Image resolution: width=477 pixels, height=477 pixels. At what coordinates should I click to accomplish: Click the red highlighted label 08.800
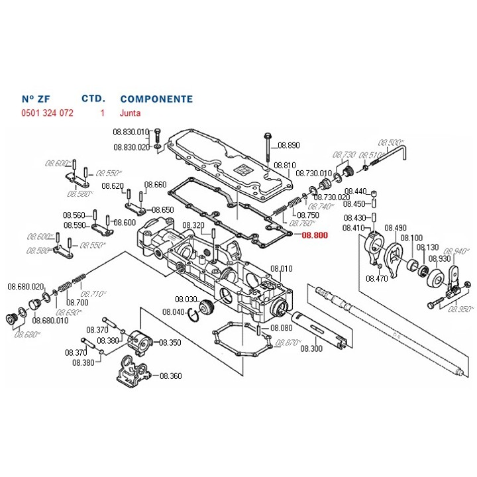point(315,235)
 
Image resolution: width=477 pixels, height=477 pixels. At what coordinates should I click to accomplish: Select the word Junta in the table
point(130,113)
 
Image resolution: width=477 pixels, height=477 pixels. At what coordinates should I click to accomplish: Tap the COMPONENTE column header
point(156,99)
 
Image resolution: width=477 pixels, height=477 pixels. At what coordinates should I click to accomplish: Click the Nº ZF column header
point(37,99)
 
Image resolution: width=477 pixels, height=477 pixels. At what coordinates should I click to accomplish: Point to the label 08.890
point(289,145)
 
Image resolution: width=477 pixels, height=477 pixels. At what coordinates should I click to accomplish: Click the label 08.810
point(285,165)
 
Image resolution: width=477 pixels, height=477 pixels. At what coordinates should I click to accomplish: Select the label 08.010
point(282,269)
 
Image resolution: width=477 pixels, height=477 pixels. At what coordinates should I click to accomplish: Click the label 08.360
point(170,376)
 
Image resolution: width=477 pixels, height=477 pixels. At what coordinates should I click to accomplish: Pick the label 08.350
point(170,343)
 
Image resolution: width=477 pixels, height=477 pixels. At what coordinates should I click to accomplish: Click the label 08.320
point(193,225)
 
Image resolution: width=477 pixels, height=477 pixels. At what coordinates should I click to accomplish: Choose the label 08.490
point(396,228)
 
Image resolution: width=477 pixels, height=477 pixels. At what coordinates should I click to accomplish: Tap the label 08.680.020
point(25,286)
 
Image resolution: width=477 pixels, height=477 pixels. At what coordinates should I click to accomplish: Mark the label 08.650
point(163,210)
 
